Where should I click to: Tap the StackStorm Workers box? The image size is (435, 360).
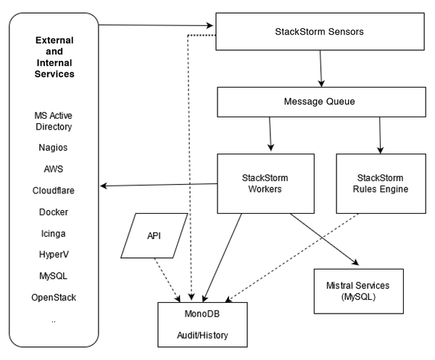tap(266, 183)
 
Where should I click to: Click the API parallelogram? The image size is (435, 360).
tap(154, 236)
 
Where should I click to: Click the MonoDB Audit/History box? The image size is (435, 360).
tap(203, 325)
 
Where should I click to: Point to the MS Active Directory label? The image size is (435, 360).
tap(54, 121)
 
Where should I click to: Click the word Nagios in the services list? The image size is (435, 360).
tap(54, 148)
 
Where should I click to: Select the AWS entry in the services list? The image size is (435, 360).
tap(54, 169)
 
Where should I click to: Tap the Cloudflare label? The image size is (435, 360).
tap(54, 191)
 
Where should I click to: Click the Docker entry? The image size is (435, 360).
tap(54, 212)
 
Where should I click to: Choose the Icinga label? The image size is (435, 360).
tap(54, 233)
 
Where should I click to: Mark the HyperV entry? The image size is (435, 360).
tap(54, 255)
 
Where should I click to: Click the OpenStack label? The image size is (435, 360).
tap(54, 298)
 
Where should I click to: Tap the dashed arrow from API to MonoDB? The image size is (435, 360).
tap(168, 279)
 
